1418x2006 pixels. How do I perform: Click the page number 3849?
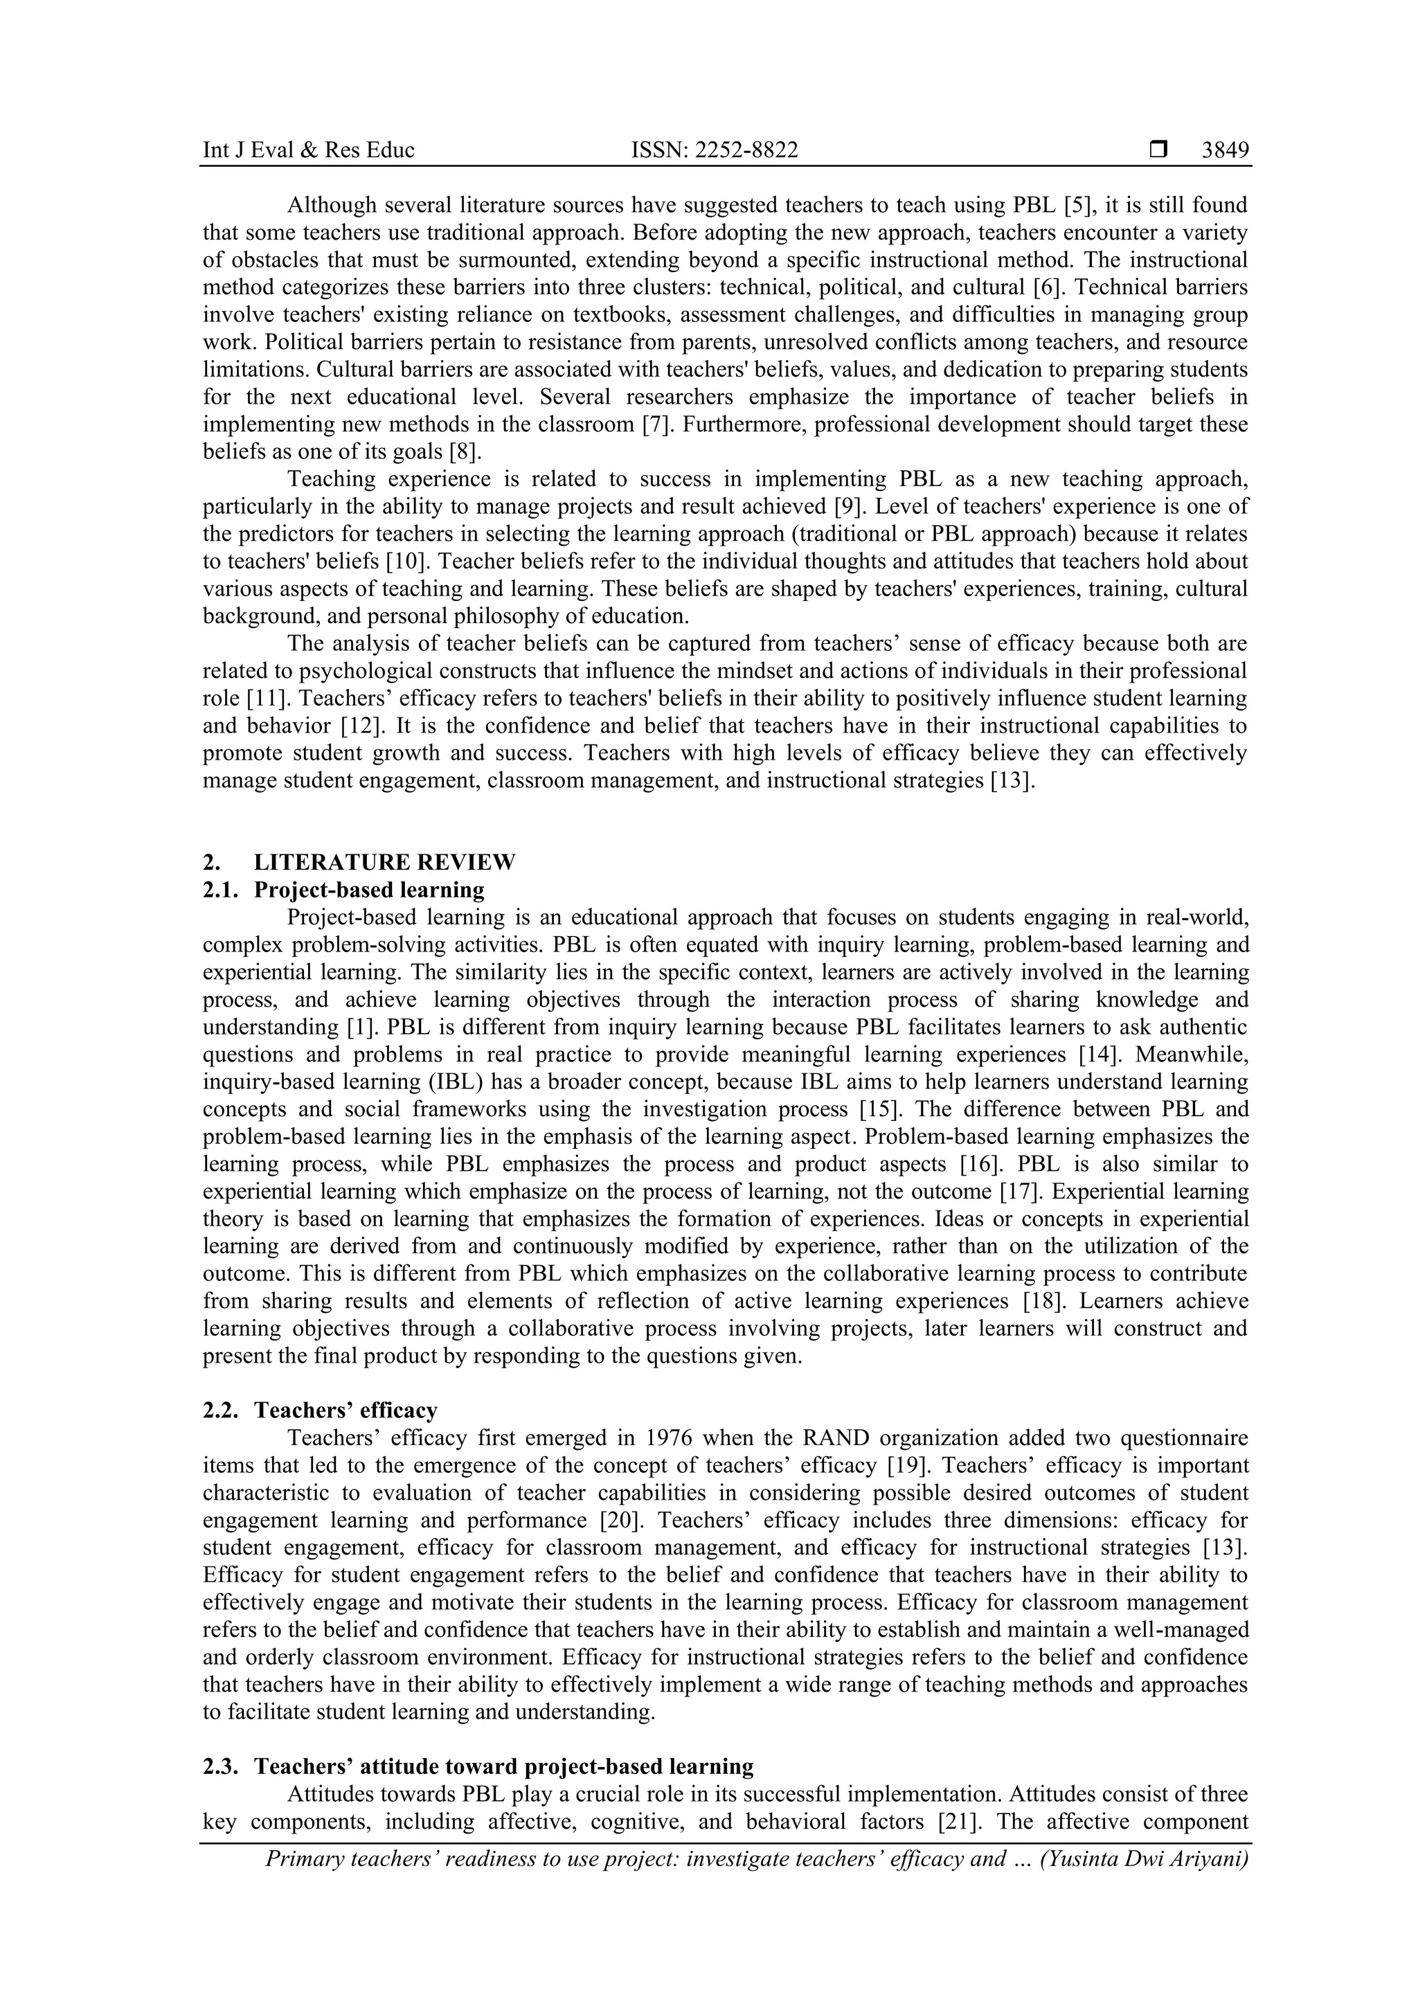click(x=1225, y=150)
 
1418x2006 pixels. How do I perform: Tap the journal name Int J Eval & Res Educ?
click(x=308, y=150)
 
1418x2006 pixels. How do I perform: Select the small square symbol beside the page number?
click(x=1158, y=150)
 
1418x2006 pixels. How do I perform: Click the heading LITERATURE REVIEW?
click(x=384, y=862)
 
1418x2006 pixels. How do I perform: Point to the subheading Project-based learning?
click(x=369, y=889)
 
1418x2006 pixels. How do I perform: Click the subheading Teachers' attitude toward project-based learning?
click(x=503, y=1766)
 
